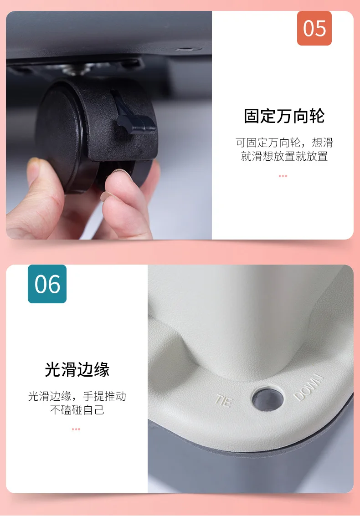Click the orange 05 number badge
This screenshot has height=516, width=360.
[x=314, y=28]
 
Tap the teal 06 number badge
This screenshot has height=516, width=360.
[x=47, y=284]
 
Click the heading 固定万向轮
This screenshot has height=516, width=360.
[x=284, y=116]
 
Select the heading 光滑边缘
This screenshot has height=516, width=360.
[x=77, y=369]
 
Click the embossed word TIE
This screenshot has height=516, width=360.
[x=224, y=400]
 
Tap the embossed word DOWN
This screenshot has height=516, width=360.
[x=308, y=387]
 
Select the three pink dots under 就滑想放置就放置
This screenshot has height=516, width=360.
[x=283, y=176]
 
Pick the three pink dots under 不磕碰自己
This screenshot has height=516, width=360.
[x=76, y=429]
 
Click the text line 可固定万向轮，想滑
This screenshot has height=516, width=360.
[x=284, y=143]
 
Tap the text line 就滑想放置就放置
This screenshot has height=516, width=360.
[x=284, y=156]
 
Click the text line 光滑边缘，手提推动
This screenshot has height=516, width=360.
[x=77, y=396]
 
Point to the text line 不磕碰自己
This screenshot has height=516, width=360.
[x=77, y=410]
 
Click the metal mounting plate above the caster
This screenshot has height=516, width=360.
[x=76, y=67]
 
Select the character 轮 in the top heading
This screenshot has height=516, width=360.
[x=317, y=116]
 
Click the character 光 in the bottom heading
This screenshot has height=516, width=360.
[x=53, y=369]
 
